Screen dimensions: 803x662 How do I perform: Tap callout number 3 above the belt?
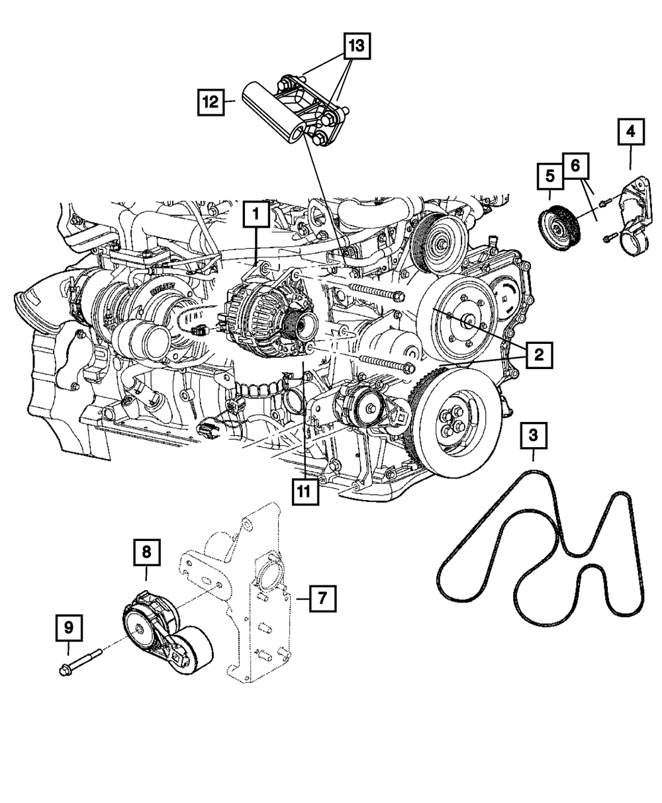[x=534, y=437]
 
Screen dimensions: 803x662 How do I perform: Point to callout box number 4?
[x=631, y=132]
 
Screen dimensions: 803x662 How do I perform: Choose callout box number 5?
[x=549, y=177]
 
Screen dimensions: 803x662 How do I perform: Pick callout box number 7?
[x=321, y=599]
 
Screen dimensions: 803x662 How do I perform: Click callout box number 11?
[x=303, y=491]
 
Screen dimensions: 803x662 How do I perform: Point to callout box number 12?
[x=211, y=103]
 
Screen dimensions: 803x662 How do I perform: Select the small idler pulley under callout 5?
[x=559, y=229]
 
